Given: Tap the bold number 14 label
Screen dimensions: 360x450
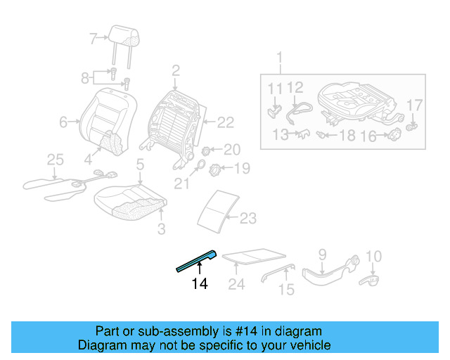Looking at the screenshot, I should pos(200,284).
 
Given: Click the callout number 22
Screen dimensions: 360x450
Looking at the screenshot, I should pos(224,122).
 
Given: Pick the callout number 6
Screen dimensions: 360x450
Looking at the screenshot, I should pos(63,122).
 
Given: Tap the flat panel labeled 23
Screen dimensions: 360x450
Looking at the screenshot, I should pos(217,209).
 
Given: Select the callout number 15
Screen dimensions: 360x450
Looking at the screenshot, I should pos(285,288).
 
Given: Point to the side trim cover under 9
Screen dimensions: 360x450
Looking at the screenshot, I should pos(327,273).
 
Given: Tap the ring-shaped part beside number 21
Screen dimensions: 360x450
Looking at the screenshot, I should pos(199,166).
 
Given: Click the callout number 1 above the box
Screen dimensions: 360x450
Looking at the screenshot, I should pos(279,56).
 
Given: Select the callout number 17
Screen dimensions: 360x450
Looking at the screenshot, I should pos(416,105).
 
